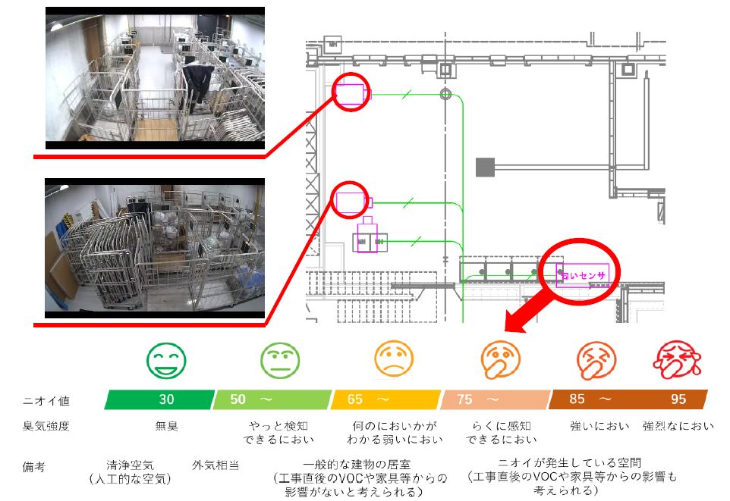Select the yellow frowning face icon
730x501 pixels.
coord(394,359)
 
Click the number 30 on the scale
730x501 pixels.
coord(167,399)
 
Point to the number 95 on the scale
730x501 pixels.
coord(678,399)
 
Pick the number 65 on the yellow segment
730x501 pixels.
coord(355,399)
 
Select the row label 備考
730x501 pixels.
coord(34,467)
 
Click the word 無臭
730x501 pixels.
coord(167,426)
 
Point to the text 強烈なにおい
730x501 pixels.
coord(678,426)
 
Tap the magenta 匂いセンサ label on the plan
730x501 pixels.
coord(583,275)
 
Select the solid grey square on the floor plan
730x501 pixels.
coord(485,167)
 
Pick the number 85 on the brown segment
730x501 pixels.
coord(577,399)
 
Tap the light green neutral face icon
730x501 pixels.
coord(280,359)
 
